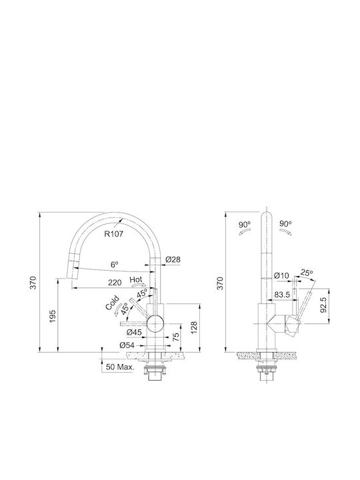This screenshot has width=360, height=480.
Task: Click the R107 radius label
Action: pos(113,234)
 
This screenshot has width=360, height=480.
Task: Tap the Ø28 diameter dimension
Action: pos(173,259)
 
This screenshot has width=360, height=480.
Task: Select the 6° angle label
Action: pos(114,265)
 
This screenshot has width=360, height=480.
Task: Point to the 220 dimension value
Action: pos(115,283)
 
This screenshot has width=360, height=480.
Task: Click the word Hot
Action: pos(136,279)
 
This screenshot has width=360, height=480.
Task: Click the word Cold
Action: pos(112,303)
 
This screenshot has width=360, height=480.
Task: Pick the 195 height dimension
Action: pos(53,316)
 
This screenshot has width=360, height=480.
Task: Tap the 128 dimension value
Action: pos(194,328)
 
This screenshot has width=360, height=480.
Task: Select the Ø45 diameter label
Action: pos(133,332)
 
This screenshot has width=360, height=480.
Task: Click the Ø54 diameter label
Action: pos(127,345)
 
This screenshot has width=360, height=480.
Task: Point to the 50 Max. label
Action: pos(120,367)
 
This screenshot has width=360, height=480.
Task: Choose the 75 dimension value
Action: pos(176,337)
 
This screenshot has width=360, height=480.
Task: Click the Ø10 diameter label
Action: pos(281,275)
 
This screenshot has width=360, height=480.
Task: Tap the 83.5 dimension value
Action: pos(282,295)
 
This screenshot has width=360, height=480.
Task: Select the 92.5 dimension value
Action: pos(323,305)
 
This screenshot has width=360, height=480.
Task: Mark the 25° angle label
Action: pos(307,272)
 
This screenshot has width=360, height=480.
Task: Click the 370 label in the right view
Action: pos(220,283)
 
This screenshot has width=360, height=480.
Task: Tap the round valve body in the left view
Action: pos(155,323)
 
